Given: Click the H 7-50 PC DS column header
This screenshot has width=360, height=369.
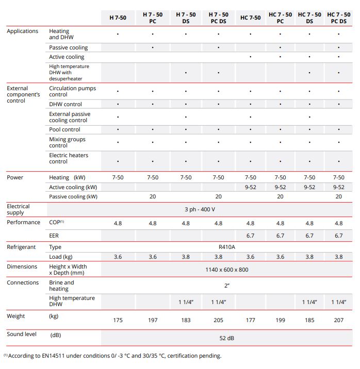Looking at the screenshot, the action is click(x=218, y=18).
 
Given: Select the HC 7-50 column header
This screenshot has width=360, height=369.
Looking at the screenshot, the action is click(x=250, y=18).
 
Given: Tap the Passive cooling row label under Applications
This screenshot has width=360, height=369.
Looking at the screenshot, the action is click(x=68, y=47).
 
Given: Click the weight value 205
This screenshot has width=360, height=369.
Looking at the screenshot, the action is click(x=218, y=320).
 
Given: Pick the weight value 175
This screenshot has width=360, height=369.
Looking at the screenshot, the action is click(x=118, y=320).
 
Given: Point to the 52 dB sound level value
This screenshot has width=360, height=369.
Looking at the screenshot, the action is click(x=227, y=338).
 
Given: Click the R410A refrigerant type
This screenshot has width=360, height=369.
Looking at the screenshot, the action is click(x=227, y=247).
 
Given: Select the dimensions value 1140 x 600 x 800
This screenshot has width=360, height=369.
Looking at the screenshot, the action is click(x=227, y=270).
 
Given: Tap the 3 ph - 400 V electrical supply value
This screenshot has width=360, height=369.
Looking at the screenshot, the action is click(x=200, y=209).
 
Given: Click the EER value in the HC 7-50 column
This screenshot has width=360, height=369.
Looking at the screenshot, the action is click(x=250, y=236).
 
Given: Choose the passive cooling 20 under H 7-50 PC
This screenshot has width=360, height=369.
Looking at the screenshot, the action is click(x=153, y=196).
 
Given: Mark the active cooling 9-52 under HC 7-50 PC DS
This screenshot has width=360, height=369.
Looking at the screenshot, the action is click(x=338, y=187).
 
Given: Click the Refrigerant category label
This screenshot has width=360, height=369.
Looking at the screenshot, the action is click(x=21, y=247).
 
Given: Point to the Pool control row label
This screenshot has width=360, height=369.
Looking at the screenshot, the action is click(x=64, y=129).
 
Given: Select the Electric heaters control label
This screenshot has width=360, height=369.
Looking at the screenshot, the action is click(x=69, y=158).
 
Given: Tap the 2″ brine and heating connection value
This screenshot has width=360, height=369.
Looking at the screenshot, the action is click(x=227, y=286).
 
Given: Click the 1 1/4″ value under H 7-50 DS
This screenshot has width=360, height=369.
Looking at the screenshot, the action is click(x=186, y=302).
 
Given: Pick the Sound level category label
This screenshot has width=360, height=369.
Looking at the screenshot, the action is click(x=22, y=334).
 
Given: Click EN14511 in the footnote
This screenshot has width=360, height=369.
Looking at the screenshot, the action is click(x=53, y=356).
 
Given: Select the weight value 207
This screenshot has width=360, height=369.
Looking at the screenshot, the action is click(x=338, y=320).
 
